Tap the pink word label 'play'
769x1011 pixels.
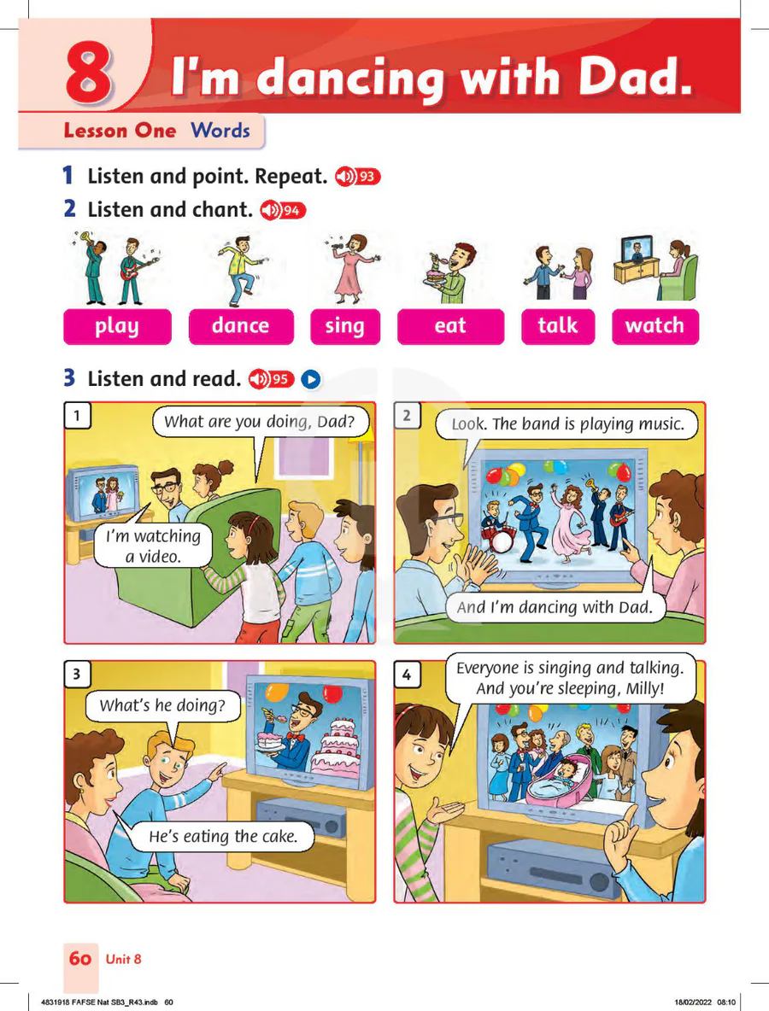pyautogui.click(x=117, y=326)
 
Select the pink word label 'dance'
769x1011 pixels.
pyautogui.click(x=241, y=326)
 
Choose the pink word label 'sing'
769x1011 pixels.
pyautogui.click(x=345, y=326)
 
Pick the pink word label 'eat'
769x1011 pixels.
pyautogui.click(x=450, y=326)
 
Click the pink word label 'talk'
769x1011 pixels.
pyautogui.click(x=558, y=326)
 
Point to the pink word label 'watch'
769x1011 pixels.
pyautogui.click(x=655, y=326)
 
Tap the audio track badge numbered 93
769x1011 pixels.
pyautogui.click(x=358, y=176)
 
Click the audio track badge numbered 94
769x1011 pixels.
pyautogui.click(x=283, y=210)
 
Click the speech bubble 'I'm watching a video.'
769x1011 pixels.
pyautogui.click(x=154, y=546)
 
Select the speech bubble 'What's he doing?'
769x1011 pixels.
pyautogui.click(x=162, y=705)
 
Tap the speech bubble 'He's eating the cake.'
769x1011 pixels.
pyautogui.click(x=223, y=837)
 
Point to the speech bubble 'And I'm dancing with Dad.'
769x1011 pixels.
pyautogui.click(x=555, y=607)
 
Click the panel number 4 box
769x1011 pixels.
pyautogui.click(x=407, y=675)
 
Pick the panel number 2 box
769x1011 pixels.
pyautogui.click(x=407, y=416)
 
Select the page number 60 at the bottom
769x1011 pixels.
pyautogui.click(x=80, y=959)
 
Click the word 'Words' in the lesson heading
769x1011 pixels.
pyautogui.click(x=220, y=131)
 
